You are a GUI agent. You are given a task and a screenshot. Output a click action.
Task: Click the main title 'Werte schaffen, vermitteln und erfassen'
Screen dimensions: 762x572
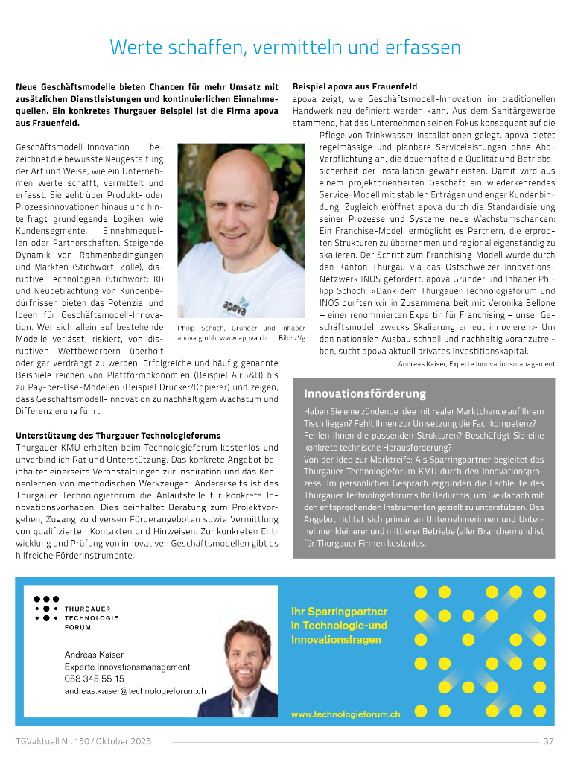[x=285, y=48]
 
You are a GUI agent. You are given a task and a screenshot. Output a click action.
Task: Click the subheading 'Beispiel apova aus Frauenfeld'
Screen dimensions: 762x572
[x=355, y=87]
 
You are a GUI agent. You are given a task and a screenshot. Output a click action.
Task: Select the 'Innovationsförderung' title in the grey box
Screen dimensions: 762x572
[x=365, y=393]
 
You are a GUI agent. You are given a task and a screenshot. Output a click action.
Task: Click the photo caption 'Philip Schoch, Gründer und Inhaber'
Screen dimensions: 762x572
[x=241, y=328]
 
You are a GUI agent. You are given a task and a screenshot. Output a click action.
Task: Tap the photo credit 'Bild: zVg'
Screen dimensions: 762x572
[x=292, y=338]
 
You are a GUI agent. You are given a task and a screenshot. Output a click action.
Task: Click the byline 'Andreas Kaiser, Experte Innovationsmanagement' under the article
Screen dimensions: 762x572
[x=477, y=363]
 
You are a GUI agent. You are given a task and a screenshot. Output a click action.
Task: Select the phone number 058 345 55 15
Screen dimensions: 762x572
[x=95, y=679]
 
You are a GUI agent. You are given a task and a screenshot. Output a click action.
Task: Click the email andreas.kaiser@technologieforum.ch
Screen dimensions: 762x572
[x=135, y=690]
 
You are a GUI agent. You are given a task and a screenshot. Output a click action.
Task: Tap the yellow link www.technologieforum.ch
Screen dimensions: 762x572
[x=346, y=714]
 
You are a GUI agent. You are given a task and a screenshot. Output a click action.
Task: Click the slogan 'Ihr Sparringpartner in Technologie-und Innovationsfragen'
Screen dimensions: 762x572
[x=340, y=625]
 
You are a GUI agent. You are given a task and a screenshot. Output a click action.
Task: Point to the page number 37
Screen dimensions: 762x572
[x=549, y=741]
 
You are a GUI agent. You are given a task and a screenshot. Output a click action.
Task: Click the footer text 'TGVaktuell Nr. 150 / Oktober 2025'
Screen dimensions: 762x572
[x=83, y=741]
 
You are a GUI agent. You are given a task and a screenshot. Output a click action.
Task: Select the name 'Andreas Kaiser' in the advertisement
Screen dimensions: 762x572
[x=93, y=654]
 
